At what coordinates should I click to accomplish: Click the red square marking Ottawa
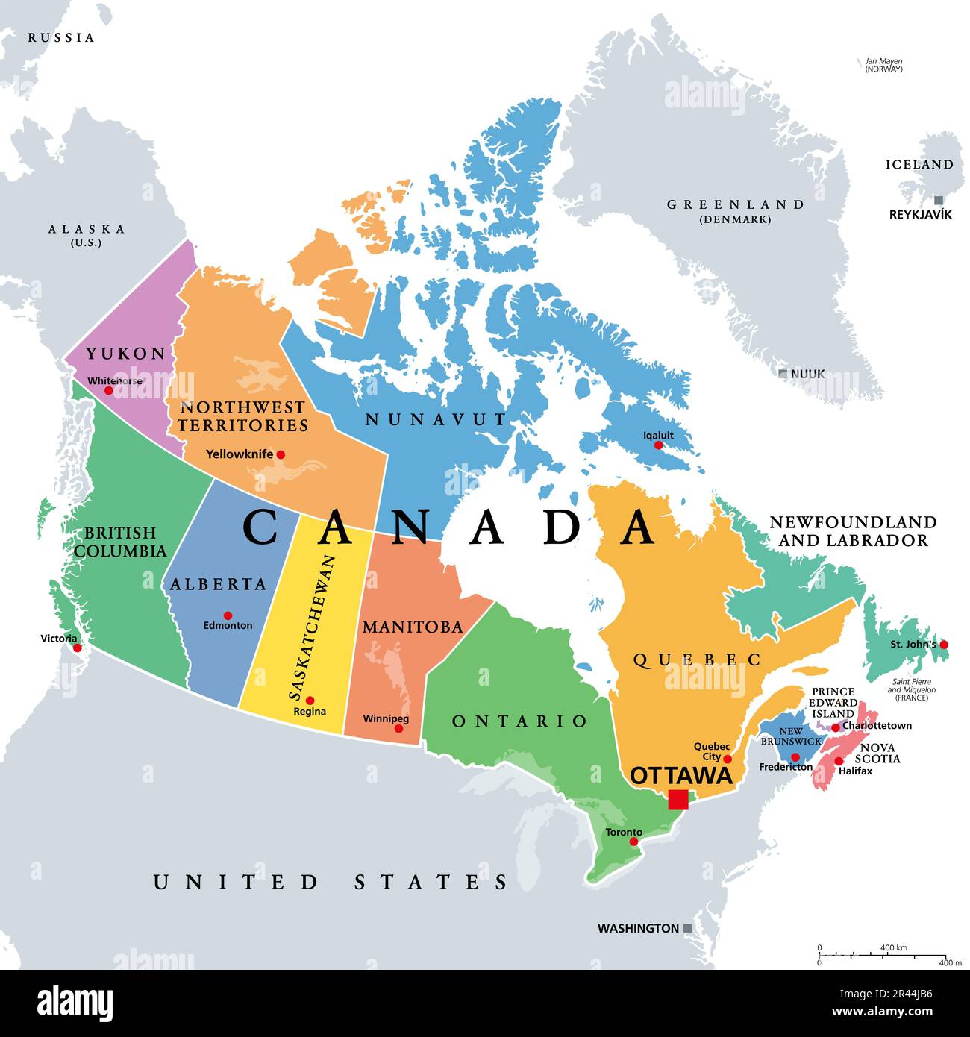click(678, 800)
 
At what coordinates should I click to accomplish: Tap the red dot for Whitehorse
click(108, 390)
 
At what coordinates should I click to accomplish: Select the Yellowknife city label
click(240, 454)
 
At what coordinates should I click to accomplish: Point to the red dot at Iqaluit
click(658, 445)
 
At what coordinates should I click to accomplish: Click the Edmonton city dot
click(228, 615)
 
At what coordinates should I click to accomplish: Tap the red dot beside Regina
click(310, 701)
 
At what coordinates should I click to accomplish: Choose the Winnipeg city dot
click(398, 728)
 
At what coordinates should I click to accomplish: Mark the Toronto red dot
click(634, 842)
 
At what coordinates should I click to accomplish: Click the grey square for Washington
click(688, 928)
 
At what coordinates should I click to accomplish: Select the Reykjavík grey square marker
click(939, 200)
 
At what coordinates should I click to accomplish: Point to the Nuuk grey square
click(783, 373)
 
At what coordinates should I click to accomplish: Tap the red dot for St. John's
click(944, 644)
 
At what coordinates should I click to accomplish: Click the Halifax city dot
click(839, 761)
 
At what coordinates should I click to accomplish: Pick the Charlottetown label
click(877, 725)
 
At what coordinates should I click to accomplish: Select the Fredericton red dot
click(795, 757)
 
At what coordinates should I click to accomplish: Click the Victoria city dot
click(76, 648)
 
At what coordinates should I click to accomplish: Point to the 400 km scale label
click(893, 947)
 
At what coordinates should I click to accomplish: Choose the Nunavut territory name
click(436, 420)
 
